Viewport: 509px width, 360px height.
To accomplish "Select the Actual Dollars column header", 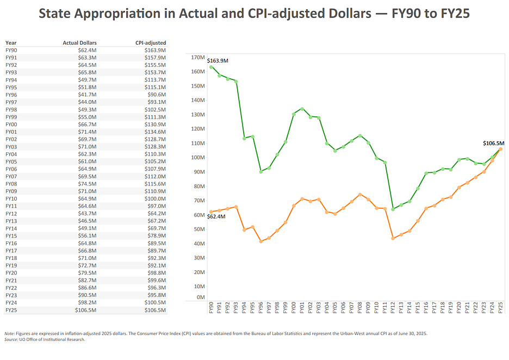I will pos(79,42).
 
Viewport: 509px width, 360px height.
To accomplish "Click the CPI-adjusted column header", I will pos(151,42).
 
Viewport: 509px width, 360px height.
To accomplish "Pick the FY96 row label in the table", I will pos(11,94).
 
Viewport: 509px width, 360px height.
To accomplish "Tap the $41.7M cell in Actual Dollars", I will pos(87,94).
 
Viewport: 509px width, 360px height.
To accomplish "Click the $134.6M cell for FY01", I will pos(156,132).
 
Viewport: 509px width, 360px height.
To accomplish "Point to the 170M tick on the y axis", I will pos(196,57).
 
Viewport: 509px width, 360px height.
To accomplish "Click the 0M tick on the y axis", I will pos(198,297).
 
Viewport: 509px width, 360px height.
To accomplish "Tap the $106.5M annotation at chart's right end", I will pos(493,144).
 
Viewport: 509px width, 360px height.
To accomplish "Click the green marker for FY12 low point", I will pos(393,209).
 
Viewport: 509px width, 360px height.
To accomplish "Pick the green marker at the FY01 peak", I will pos(302,109).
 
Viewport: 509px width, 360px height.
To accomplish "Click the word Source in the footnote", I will pos(11,339).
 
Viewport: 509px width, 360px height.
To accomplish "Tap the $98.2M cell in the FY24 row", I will pos(87,302).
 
